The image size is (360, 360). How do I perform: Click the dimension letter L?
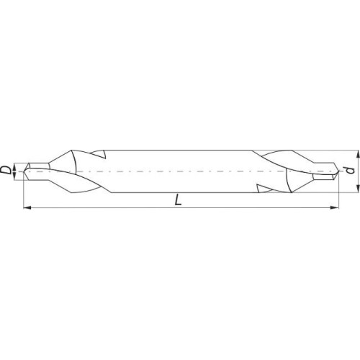point(178,200)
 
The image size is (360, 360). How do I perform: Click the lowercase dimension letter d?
point(351,170)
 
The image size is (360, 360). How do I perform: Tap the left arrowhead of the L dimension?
point(27,207)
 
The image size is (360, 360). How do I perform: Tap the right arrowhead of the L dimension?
point(335,207)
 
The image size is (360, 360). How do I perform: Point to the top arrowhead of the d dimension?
point(358,154)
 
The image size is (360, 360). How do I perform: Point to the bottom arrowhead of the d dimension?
point(358,189)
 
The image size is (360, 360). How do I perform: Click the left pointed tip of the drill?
point(24,171)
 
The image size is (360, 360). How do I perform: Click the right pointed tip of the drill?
point(338,171)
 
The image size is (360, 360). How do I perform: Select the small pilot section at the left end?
point(37,171)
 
